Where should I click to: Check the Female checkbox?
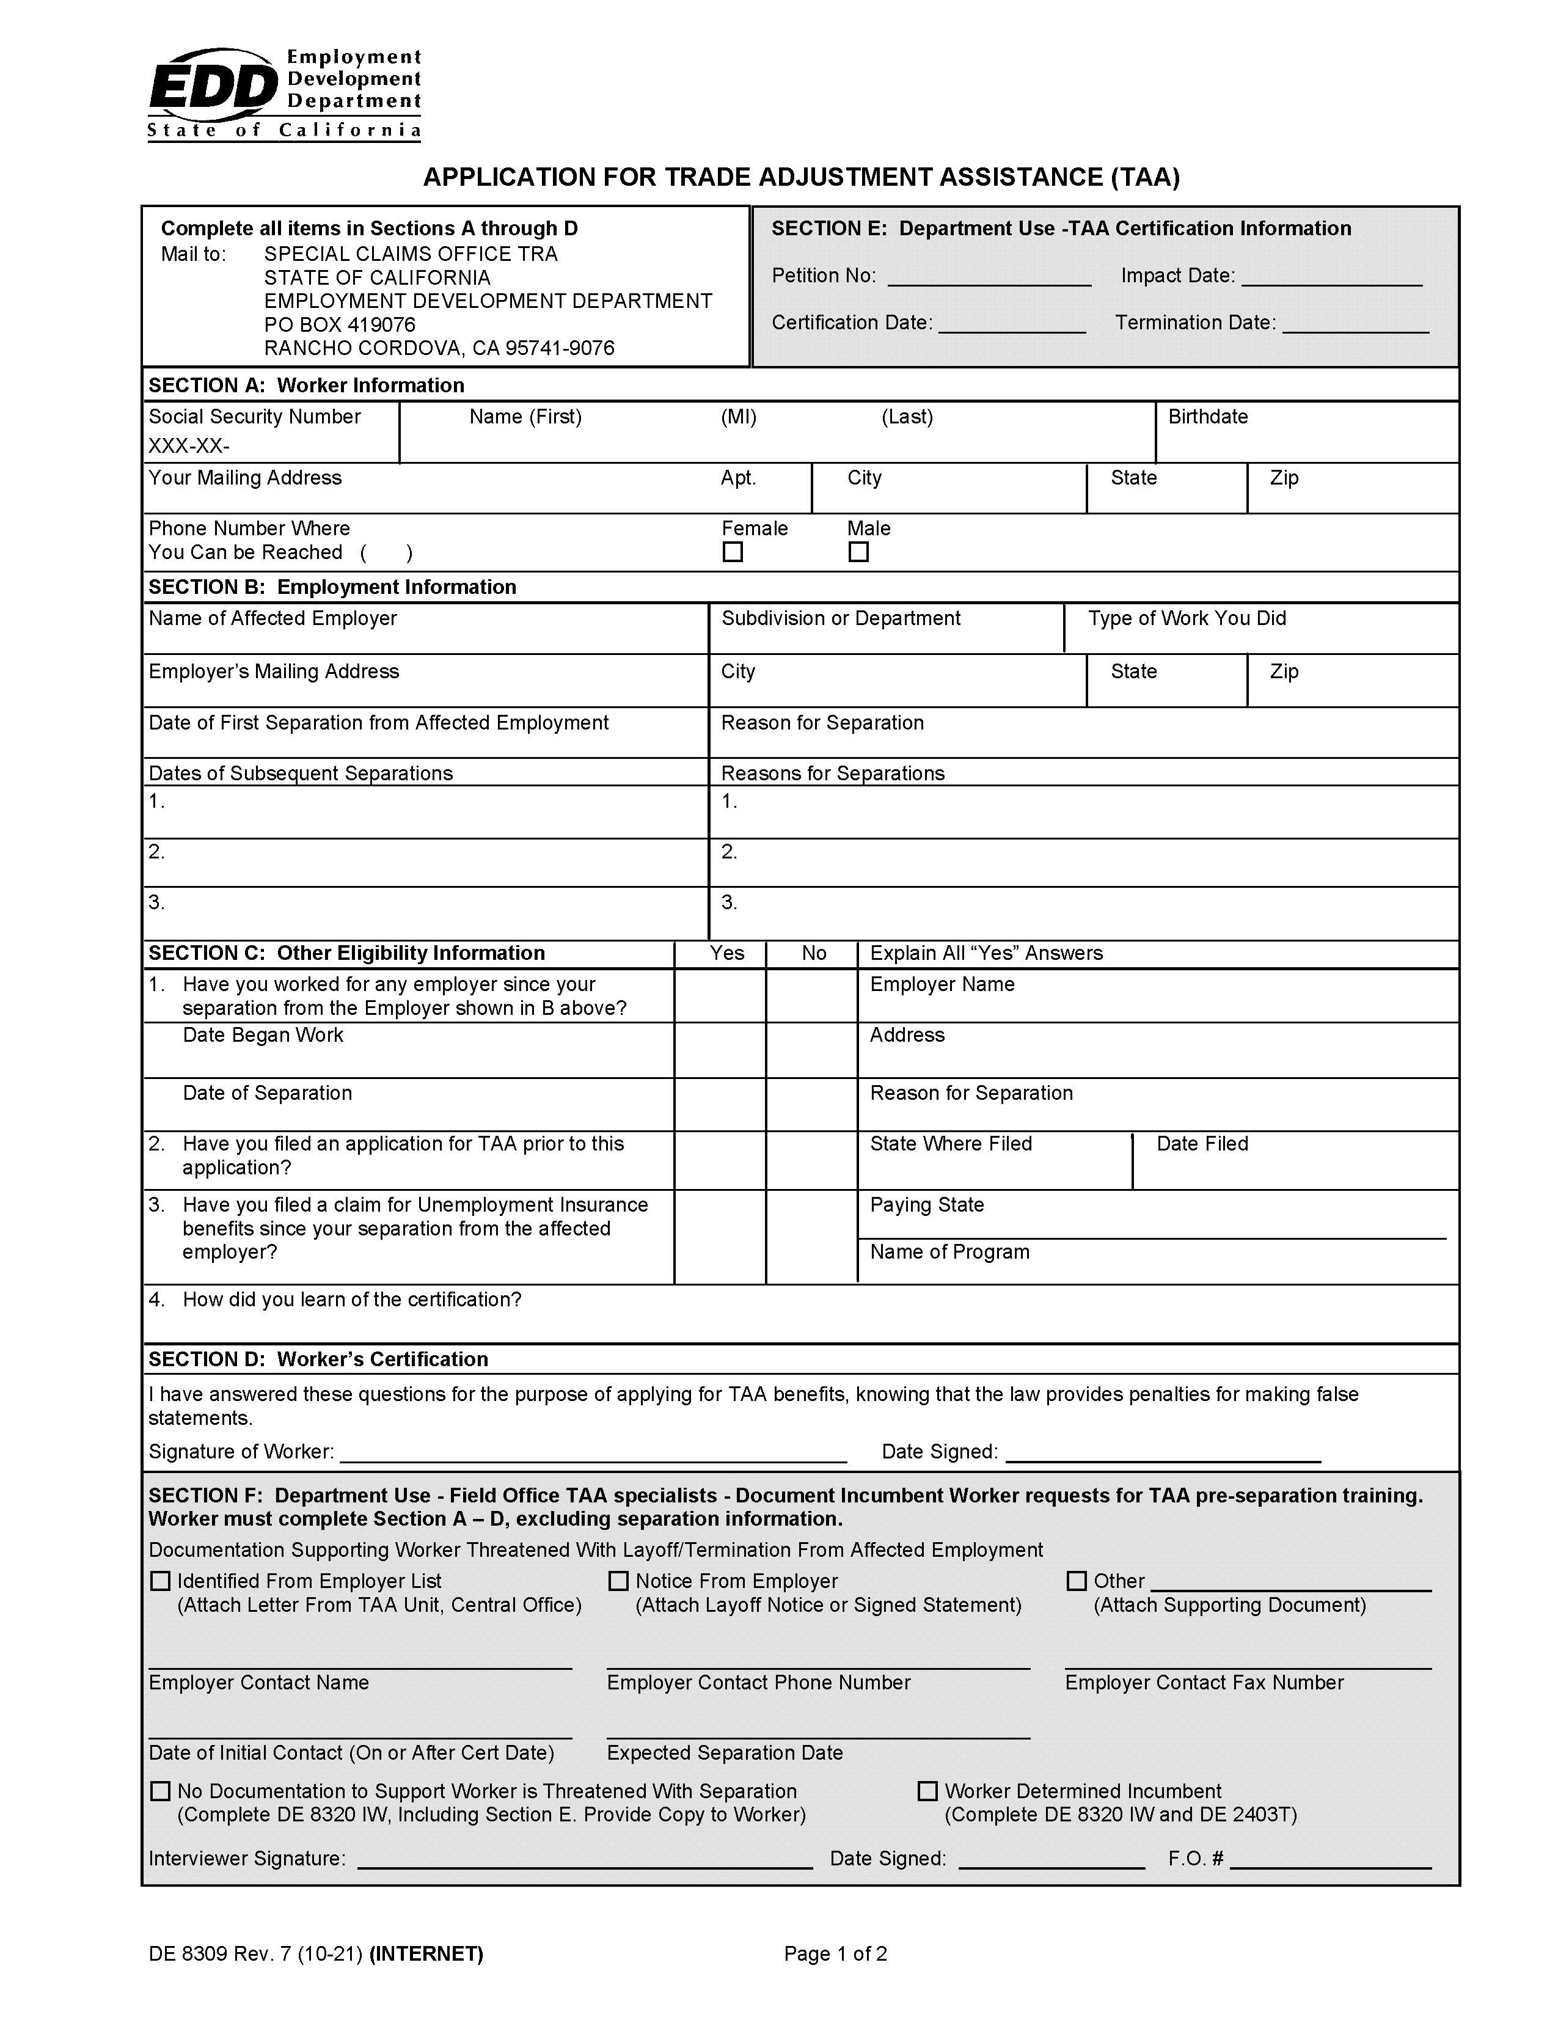point(733,552)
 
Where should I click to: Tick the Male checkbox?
point(858,552)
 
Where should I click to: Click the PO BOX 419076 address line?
point(339,325)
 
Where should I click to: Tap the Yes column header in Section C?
point(727,953)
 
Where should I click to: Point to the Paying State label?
point(926,1205)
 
